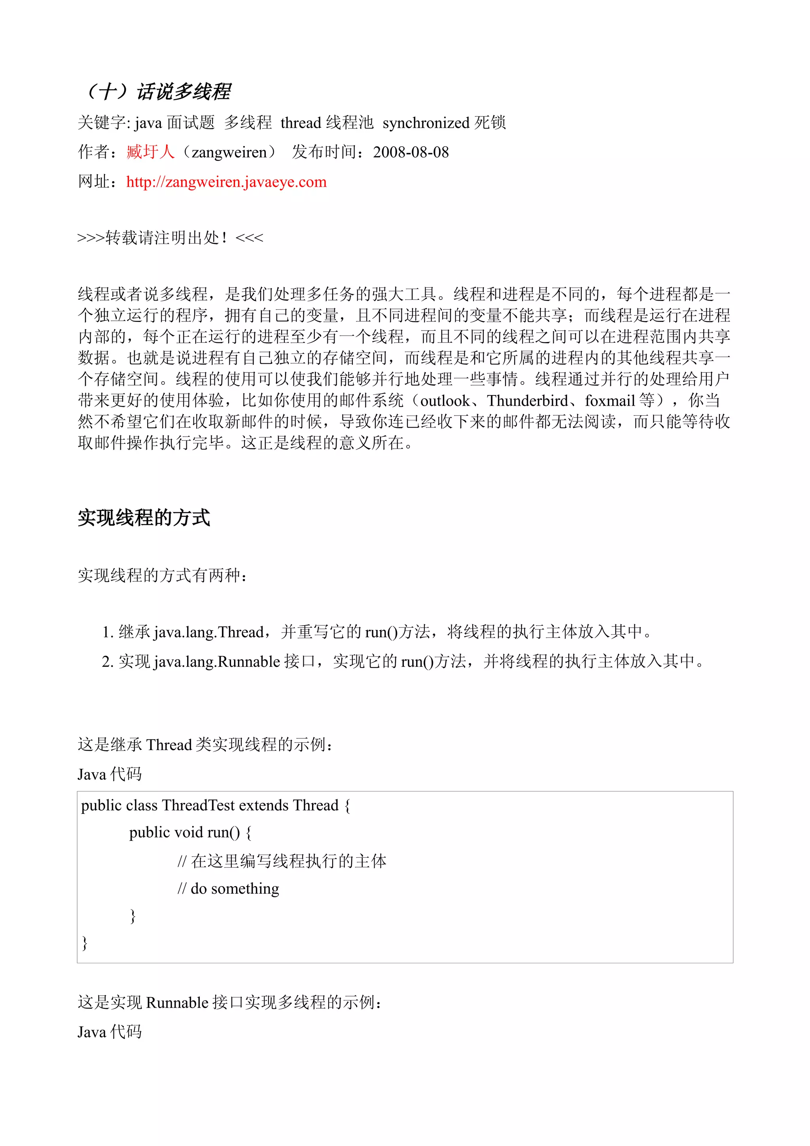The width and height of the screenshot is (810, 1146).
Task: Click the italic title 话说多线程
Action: coord(183,91)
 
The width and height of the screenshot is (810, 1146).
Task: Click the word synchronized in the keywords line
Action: coord(426,123)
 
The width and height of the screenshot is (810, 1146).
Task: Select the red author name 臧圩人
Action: coord(150,152)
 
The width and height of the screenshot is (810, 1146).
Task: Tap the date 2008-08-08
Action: coord(411,152)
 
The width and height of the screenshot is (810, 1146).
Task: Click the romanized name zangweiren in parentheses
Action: coord(229,152)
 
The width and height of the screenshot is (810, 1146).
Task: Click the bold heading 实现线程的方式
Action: coord(144,518)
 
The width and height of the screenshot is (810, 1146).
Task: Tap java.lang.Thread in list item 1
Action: coord(208,632)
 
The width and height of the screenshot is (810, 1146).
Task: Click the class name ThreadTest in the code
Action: coord(198,805)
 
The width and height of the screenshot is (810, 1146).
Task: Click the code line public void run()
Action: coord(190,832)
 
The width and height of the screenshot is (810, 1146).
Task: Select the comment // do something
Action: coord(229,889)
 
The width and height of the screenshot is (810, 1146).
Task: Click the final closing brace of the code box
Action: coord(84,942)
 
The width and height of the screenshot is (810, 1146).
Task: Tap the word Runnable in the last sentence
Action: coord(177,1002)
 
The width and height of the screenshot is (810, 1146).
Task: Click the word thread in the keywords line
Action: coord(301,123)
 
